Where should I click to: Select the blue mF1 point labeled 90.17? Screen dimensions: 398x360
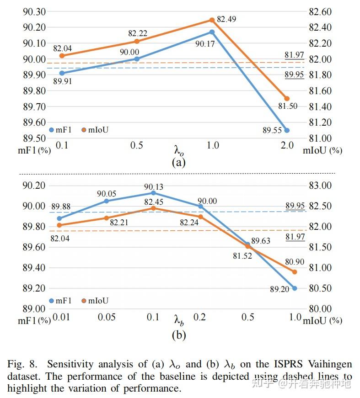pos(212,32)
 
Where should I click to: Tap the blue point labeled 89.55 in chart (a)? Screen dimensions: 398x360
pos(287,130)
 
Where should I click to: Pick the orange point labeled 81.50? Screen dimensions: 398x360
pos(287,99)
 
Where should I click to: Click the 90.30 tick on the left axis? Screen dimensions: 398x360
pos(34,12)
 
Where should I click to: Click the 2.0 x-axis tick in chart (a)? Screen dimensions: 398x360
pos(287,145)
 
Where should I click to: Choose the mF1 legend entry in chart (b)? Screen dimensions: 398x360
pos(60,301)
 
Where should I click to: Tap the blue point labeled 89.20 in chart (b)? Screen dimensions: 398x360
pos(295,288)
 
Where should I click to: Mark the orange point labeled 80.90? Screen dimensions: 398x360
pos(295,272)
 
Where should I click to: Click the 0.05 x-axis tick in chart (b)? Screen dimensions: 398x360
pos(107,318)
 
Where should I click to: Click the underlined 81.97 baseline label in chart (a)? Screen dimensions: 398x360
pos(294,55)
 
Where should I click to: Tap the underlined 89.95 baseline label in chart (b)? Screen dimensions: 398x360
pos(295,206)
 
